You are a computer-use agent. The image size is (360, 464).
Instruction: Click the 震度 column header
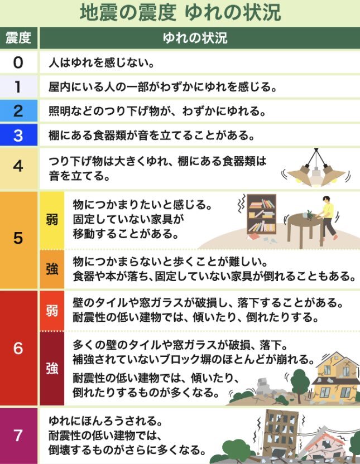18,38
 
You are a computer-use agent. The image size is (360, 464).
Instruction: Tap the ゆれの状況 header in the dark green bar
195,38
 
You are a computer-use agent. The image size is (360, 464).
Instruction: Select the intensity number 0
18,62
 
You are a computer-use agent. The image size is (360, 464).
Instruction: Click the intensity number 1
18,86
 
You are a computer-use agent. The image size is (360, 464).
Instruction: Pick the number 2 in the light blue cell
18,111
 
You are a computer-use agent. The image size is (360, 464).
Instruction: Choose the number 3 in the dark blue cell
18,136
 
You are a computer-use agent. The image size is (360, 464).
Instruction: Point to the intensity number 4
18,166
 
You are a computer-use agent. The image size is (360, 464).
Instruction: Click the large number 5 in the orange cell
18,238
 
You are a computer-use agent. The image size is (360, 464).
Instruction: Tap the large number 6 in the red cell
18,348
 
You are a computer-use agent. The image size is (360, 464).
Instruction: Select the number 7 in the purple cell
18,436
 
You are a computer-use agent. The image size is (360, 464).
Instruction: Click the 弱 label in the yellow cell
52,220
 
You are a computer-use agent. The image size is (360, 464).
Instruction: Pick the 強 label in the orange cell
52,269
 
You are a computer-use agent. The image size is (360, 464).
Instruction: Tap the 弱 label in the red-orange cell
52,311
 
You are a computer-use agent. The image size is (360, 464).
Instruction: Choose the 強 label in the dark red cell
52,369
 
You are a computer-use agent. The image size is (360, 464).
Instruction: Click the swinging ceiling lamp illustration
316,168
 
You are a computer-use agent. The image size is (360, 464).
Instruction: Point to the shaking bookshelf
262,214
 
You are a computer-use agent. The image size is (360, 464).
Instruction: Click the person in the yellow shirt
327,217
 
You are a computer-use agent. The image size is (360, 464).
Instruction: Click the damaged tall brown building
279,434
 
